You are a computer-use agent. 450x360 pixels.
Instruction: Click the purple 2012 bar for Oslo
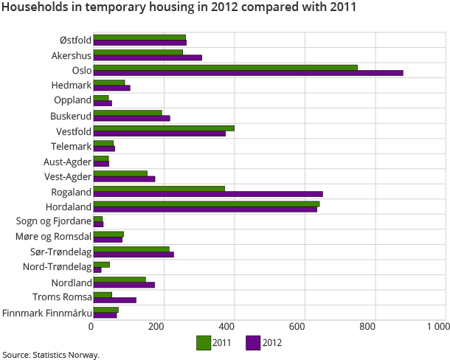pos(248,72)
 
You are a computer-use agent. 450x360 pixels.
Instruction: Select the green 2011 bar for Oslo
pos(225,67)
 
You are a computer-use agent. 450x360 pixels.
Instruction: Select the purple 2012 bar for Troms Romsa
pos(115,300)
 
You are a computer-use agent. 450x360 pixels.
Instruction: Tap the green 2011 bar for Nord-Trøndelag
pos(102,264)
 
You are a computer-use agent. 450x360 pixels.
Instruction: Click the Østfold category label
pos(75,39)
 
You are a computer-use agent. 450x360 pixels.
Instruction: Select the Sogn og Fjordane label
pos(54,221)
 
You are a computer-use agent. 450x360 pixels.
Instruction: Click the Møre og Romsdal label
pos(53,236)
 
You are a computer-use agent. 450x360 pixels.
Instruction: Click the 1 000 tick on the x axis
pos(437,326)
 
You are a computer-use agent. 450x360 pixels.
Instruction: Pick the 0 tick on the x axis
pos(91,326)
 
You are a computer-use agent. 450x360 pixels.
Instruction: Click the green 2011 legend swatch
pos(204,342)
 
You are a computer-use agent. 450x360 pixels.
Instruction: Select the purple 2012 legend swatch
pos(252,342)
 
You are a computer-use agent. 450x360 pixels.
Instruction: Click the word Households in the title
pos(32,8)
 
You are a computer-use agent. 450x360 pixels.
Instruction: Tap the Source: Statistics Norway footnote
pos(50,355)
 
